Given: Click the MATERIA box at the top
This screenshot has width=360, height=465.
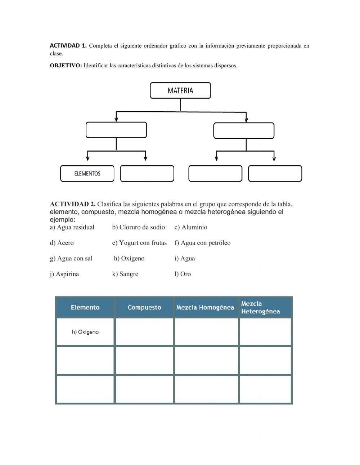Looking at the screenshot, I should [x=180, y=90].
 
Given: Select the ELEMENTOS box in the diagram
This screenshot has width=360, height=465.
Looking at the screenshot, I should [x=87, y=174].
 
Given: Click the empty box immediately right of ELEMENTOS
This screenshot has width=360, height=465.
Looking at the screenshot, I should [x=147, y=174].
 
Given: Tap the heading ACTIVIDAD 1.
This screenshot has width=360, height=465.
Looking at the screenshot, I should [x=68, y=46].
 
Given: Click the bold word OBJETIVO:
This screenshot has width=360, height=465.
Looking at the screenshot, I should [x=66, y=66].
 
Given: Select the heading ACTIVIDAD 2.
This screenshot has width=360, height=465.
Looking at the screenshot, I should [x=72, y=204].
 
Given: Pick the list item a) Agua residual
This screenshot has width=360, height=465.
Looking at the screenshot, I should [x=72, y=227].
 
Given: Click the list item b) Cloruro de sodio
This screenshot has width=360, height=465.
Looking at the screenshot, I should [x=138, y=227].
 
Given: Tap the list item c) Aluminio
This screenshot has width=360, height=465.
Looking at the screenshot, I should [x=191, y=227].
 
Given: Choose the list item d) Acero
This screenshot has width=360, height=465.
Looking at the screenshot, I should [x=62, y=243].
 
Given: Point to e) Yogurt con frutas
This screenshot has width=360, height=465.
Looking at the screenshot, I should [x=139, y=243].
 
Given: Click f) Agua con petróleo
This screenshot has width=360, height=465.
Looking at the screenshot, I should [x=202, y=243].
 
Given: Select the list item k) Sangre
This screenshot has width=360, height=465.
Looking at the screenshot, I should [x=125, y=274].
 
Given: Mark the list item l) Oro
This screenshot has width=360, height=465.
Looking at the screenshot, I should [x=183, y=274].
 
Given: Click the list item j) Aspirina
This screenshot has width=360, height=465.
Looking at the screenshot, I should [x=64, y=274].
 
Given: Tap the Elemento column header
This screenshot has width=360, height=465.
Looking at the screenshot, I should [x=85, y=307].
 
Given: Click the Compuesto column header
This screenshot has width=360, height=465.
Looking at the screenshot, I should [x=144, y=307].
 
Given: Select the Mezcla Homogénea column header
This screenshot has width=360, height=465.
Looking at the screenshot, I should [x=205, y=307].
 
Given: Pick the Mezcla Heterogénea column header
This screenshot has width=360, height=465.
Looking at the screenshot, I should [x=261, y=308].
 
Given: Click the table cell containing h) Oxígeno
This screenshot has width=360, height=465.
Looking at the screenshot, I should [x=85, y=332].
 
